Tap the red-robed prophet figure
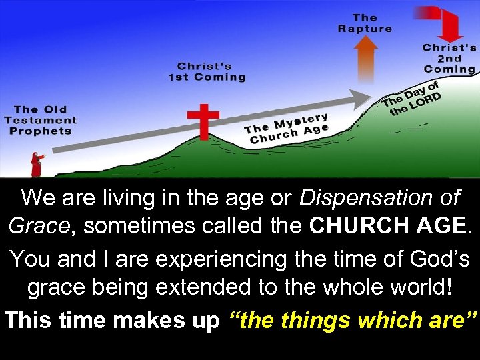[x=36, y=164]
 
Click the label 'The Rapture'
[x=365, y=23]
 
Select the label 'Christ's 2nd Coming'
[x=449, y=59]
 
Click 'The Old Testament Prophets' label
[x=41, y=120]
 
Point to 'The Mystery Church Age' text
[x=287, y=128]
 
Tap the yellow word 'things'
[x=317, y=320]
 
